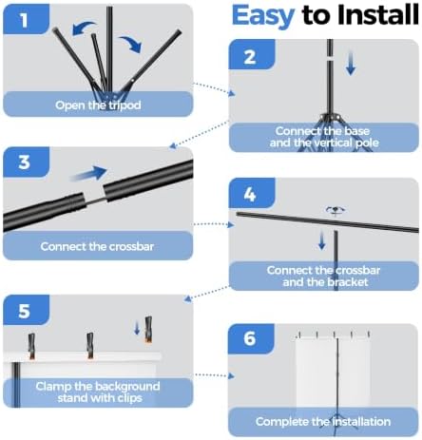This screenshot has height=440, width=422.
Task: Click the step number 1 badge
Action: (x=26, y=19)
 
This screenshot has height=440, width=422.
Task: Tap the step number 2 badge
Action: (x=252, y=54)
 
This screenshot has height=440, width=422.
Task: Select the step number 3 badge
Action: (x=26, y=162)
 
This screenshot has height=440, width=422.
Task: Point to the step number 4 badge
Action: (x=252, y=193)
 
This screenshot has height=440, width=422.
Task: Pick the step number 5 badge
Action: (x=26, y=310)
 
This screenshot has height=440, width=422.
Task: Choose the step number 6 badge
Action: (x=251, y=338)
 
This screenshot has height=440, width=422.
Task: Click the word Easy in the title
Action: (x=263, y=15)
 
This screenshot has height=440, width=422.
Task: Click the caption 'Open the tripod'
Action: (x=98, y=105)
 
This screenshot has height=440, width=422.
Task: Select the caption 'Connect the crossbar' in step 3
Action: (x=97, y=246)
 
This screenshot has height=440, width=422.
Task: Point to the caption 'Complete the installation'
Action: (x=323, y=422)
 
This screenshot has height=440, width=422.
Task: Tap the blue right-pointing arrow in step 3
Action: (x=88, y=173)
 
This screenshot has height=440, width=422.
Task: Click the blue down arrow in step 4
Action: (x=322, y=239)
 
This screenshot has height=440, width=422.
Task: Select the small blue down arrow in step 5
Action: (x=137, y=328)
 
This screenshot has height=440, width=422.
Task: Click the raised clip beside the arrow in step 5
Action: (x=148, y=330)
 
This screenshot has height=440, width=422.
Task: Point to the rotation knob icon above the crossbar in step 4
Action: (x=336, y=210)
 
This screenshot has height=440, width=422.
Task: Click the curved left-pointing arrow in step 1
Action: (x=83, y=28)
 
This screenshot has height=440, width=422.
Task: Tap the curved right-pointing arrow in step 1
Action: (x=130, y=44)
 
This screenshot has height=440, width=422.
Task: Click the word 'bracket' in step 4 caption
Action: (x=349, y=281)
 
